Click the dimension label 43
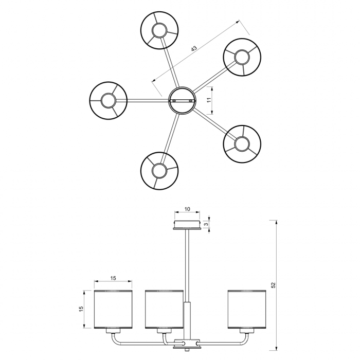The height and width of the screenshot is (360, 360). point(194,48)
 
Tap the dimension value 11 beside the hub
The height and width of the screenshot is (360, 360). point(209,100)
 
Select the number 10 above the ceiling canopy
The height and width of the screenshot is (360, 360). point(187,209)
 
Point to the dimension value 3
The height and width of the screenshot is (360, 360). point(206,224)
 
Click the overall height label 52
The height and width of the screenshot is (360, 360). point(273,285)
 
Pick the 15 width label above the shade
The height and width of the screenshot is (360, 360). point(113,278)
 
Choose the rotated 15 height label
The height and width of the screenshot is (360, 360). point(81,309)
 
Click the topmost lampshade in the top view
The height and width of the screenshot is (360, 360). point(159,30)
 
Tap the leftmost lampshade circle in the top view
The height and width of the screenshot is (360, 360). point(108,100)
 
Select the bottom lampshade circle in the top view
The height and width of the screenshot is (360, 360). point(159,171)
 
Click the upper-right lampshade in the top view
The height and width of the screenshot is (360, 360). point(242,57)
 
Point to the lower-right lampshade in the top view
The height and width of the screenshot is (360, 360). point(242,144)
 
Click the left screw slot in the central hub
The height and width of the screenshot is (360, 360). point(174,101)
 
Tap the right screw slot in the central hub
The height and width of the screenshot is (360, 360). point(191,101)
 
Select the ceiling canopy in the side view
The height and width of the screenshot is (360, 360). point(187,225)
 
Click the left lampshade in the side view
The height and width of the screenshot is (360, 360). point(113,309)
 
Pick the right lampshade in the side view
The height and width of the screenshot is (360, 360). point(247,309)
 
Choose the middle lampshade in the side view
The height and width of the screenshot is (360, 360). point(164,309)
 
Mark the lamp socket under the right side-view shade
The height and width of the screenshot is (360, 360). point(247,331)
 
